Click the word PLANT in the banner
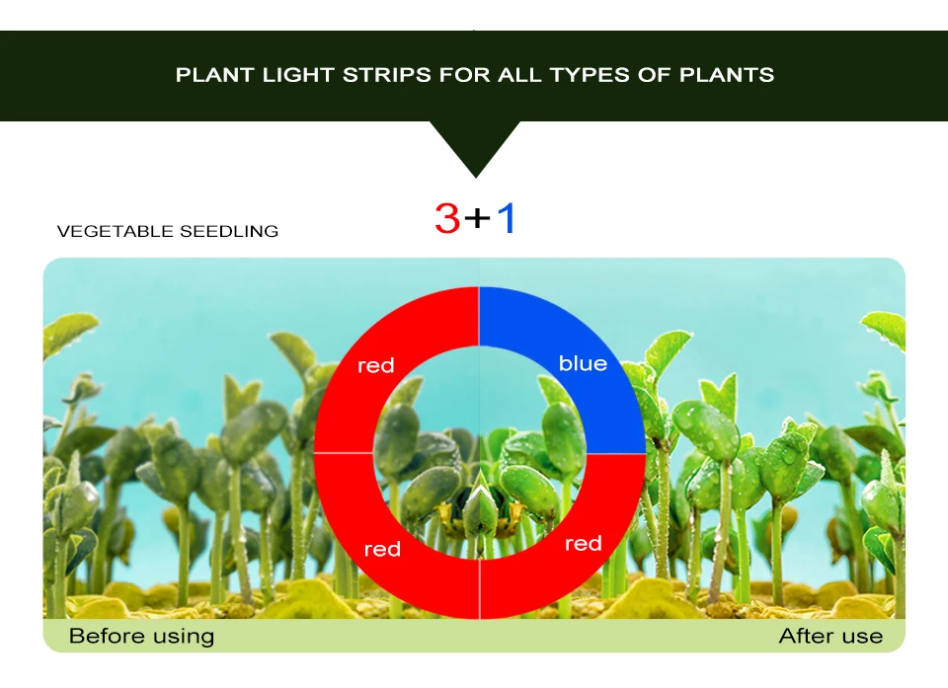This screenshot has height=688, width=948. coord(210,75)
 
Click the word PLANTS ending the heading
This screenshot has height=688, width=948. coord(727,75)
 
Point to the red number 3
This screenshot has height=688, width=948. coord(447,218)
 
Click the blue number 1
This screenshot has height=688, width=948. coord(507,218)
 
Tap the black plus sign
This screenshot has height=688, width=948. coord(477,218)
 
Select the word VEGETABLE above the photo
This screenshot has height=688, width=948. coord(116,232)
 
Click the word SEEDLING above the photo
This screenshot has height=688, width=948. coord(229,232)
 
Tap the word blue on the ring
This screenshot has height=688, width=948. coord(583,363)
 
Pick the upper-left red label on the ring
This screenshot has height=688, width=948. coord(375,365)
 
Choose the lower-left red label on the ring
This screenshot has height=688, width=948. coord(382,549)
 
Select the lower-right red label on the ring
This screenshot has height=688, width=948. coord(583,544)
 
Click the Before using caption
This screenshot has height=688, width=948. coord(141,636)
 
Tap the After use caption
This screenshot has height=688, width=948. coord(830,636)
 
